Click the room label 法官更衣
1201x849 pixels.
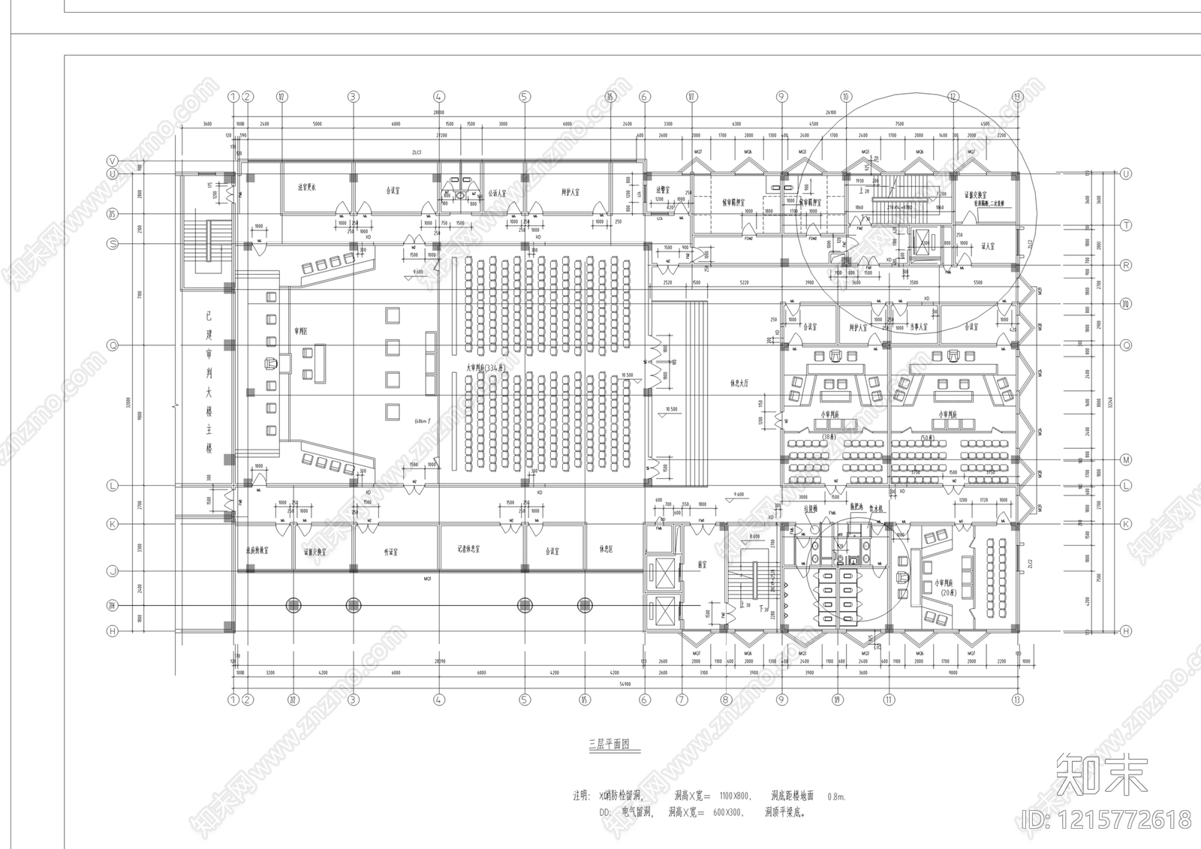pos(306,187)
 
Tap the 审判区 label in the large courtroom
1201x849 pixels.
pos(302,330)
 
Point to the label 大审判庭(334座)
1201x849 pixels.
pos(485,368)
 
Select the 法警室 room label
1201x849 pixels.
pos(662,190)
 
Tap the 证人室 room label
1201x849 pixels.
pos(988,246)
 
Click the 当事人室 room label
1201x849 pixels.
pos(917,327)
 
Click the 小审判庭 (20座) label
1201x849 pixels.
pos(944,586)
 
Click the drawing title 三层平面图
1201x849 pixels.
pos(609,745)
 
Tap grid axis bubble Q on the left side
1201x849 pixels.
pos(113,345)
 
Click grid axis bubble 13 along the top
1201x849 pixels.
pos(1017,96)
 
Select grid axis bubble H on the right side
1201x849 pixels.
pos(1126,631)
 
